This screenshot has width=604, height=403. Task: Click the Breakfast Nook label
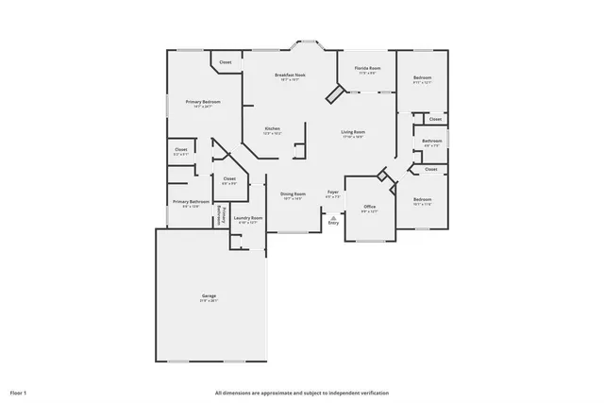pos(290,75)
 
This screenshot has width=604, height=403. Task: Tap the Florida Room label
pos(367,69)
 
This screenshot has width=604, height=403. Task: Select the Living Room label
pos(353,132)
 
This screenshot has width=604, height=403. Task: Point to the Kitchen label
pos(272,128)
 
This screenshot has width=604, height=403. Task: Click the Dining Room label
pos(293,194)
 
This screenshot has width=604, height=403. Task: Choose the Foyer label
pos(333,193)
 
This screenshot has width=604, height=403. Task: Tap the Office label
pos(369,207)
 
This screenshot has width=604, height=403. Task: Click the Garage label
pos(209,296)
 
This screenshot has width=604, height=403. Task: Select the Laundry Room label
pos(247,218)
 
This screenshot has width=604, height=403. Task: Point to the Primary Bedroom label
pos(204,102)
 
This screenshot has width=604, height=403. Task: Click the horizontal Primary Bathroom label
pos(191,201)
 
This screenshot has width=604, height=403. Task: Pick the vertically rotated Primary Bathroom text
pos(221,214)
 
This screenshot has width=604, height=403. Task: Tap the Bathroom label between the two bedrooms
pos(432,142)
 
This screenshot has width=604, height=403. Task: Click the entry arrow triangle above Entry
pos(333,216)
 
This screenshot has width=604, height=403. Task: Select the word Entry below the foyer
pos(333,223)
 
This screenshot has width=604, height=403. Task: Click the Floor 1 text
pos(18,392)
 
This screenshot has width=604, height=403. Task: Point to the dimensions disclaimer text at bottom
pos(300,392)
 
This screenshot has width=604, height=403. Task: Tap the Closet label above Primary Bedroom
pos(226,62)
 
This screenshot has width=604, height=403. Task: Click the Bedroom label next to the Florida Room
pos(422,77)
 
